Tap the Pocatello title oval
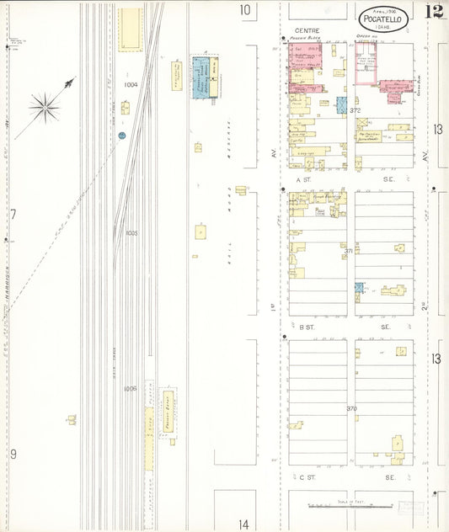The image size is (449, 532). pos(384,19)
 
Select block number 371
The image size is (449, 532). pos(348,251)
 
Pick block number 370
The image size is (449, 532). pos(350,408)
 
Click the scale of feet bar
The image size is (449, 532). pos(350,506)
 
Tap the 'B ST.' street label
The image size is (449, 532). pos(307,326)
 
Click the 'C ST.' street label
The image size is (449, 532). pos(307,476)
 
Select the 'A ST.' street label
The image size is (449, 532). pos(304,179)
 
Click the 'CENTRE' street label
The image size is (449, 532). pos(295,30)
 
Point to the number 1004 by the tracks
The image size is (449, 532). pos(130,85)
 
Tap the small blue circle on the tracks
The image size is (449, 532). pos(122,135)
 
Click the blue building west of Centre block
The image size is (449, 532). pos(200,77)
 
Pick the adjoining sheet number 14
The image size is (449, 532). pos(243,523)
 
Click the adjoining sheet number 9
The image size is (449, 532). pos(13,454)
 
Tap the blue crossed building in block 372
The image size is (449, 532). pos(342,105)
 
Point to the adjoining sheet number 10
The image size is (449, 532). pos(244,10)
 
